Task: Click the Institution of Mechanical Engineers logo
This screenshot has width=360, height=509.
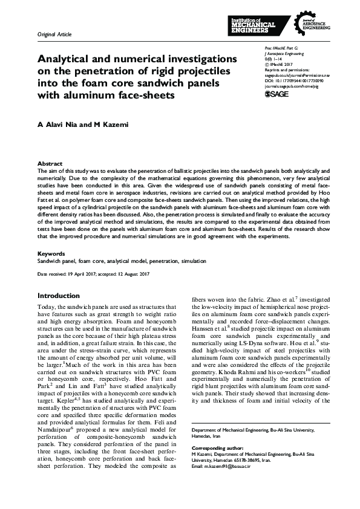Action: click(x=254, y=25)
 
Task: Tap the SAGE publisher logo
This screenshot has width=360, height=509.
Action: click(x=277, y=94)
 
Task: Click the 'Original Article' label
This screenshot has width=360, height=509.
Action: click(x=54, y=35)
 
